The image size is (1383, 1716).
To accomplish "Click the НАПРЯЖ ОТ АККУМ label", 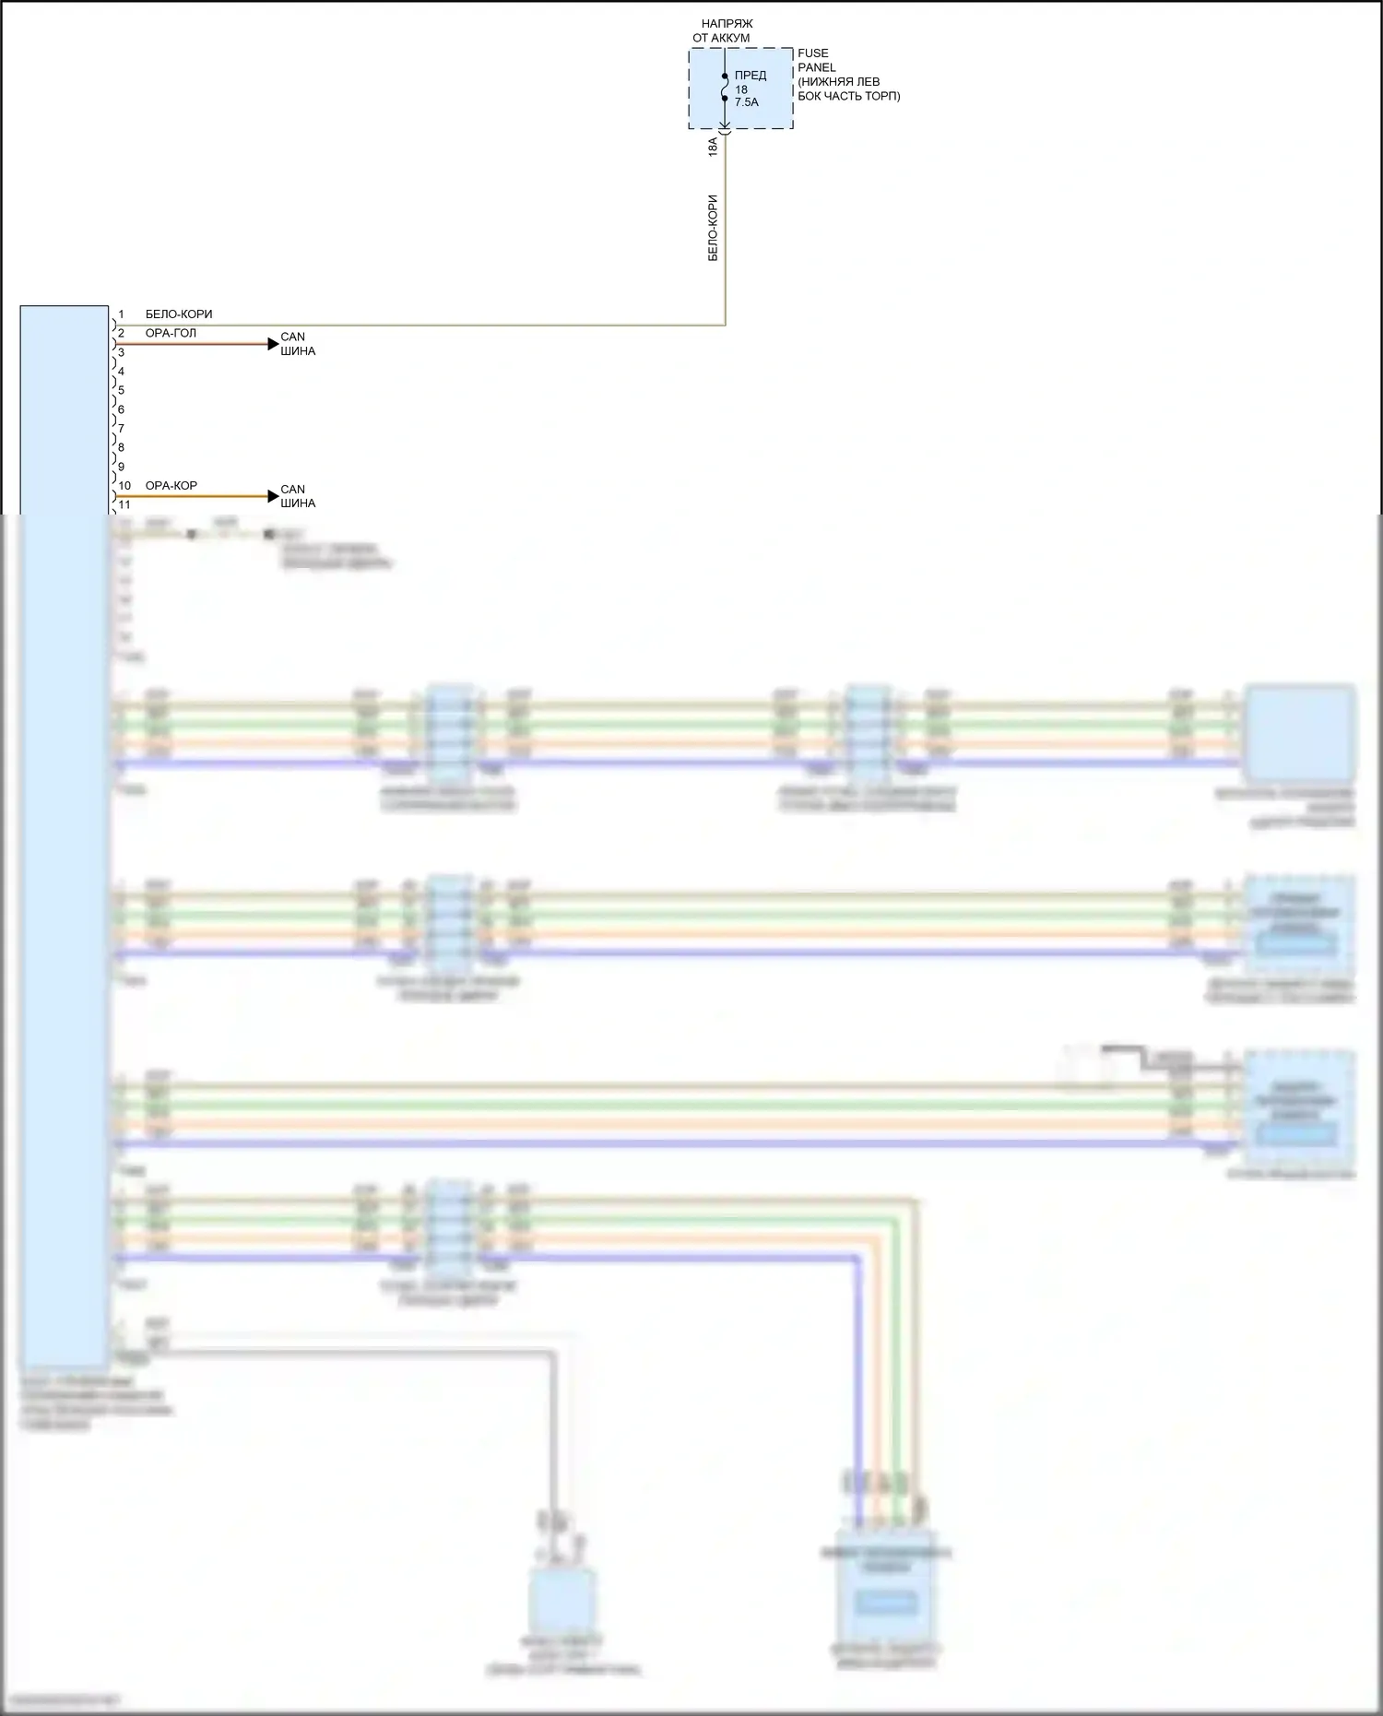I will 726,30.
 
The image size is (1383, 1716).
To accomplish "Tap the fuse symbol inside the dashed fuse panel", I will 725,87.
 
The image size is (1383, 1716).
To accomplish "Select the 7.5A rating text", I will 747,102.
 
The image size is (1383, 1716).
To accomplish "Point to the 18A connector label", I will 713,147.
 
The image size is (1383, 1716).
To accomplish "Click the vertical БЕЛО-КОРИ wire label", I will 713,228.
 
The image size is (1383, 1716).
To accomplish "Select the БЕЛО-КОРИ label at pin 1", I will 179,314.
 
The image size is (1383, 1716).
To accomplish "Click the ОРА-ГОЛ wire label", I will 171,333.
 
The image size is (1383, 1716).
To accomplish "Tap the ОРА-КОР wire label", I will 171,486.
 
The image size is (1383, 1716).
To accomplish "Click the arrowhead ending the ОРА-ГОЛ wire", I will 273,344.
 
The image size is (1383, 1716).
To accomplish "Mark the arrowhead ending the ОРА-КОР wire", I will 273,496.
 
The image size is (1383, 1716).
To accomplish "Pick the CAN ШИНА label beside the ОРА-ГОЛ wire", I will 298,344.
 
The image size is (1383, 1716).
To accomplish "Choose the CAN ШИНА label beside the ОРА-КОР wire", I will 298,496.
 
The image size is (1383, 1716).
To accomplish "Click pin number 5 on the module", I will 121,391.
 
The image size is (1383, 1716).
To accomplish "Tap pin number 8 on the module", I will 121,448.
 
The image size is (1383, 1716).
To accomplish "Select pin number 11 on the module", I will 124,505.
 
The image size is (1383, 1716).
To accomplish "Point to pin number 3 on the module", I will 121,352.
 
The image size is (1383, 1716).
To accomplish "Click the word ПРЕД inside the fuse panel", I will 751,76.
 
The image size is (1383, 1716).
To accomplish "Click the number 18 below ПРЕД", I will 741,89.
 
